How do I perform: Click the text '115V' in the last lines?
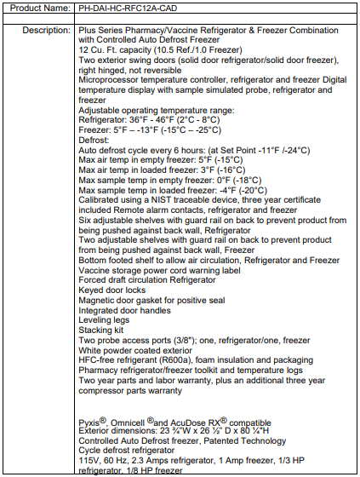pos(89,462)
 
